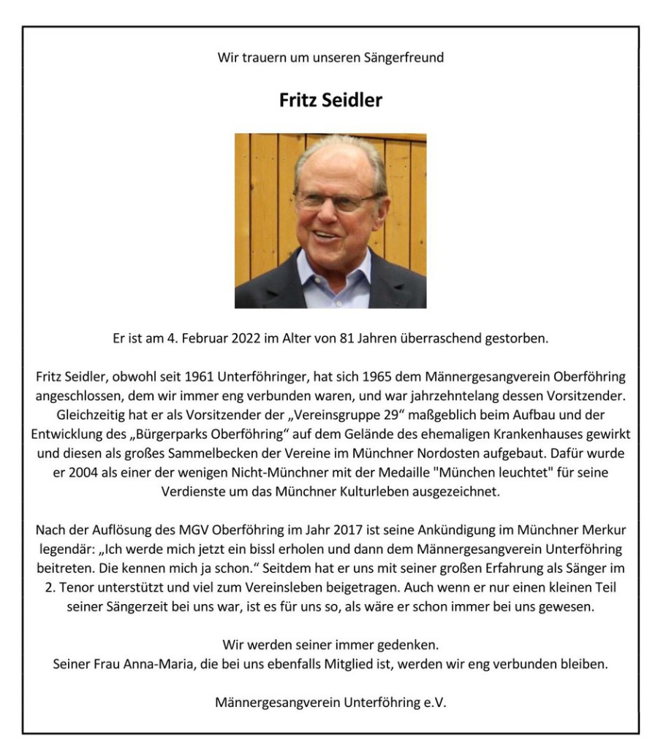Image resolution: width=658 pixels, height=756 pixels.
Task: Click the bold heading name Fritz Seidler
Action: pyautogui.click(x=330, y=100)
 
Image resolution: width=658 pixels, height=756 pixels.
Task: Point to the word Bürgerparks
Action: pyautogui.click(x=162, y=434)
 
